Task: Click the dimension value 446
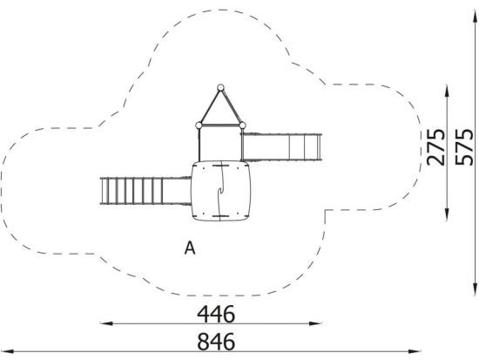tap(216, 314)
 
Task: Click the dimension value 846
tap(216, 342)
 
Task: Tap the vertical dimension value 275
tap(435, 147)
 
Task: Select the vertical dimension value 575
tap(464, 147)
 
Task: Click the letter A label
tap(190, 248)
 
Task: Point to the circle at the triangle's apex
tap(220, 87)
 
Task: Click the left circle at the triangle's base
tap(199, 126)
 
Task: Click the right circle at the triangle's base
tap(242, 126)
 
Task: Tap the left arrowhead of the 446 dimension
tap(106, 323)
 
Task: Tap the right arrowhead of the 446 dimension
tap(315, 323)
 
